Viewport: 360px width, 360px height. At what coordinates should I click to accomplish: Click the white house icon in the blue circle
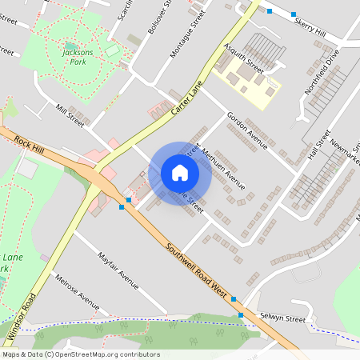tap(180, 172)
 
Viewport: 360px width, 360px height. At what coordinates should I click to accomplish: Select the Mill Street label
tap(70, 114)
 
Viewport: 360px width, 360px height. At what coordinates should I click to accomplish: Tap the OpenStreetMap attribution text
tap(80, 354)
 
